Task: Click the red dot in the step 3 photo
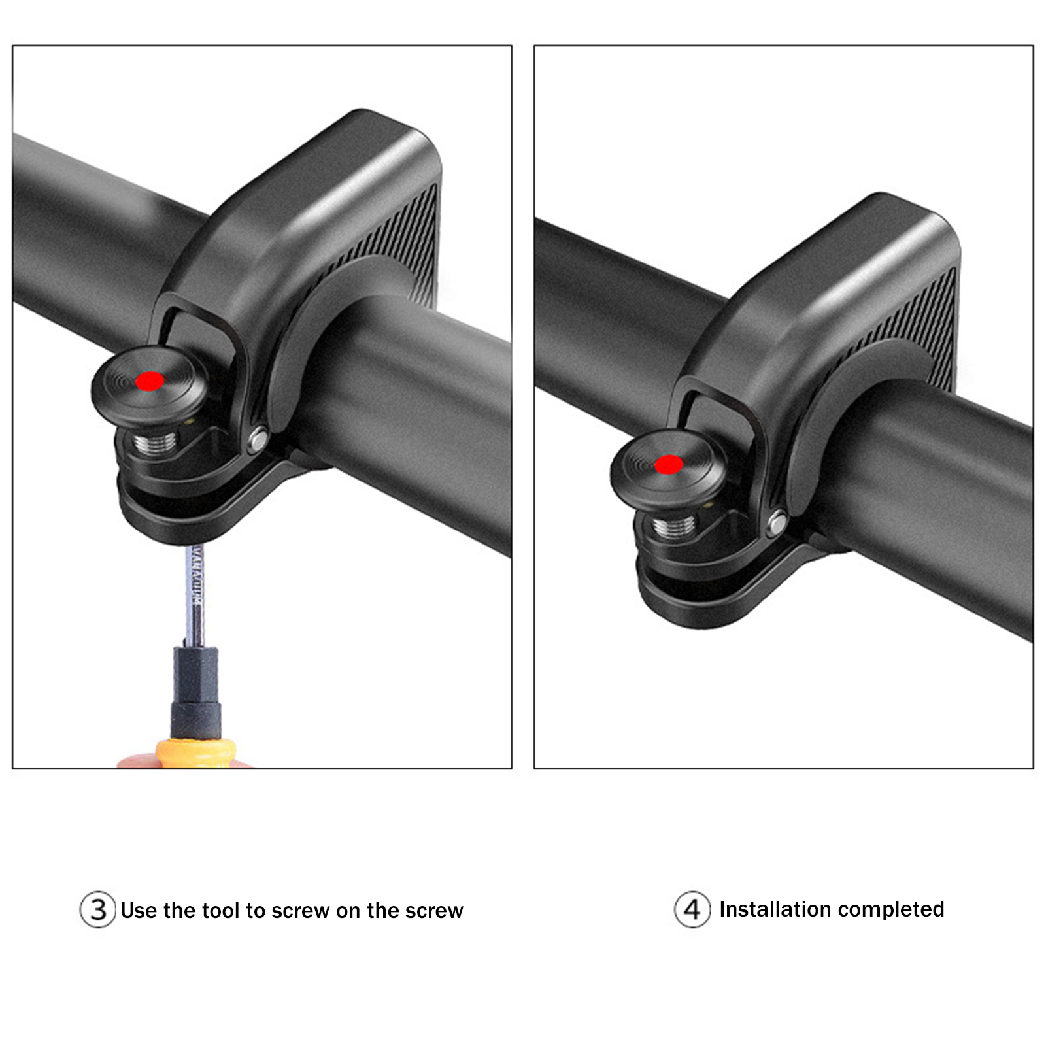[150, 381]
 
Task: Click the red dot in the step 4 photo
[669, 465]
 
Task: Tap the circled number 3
[98, 909]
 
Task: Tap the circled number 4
[692, 909]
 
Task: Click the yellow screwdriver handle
[195, 752]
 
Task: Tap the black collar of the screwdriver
[195, 692]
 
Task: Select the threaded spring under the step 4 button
[674, 525]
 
